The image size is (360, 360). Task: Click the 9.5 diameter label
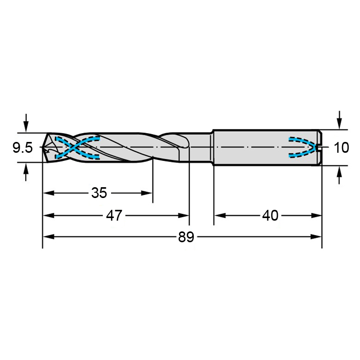(23, 148)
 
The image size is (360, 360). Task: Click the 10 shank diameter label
(341, 148)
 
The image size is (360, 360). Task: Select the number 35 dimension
(99, 193)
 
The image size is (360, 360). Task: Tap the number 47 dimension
(114, 215)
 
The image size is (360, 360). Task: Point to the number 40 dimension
(270, 215)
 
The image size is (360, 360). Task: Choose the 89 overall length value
(186, 237)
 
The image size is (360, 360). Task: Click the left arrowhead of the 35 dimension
(49, 193)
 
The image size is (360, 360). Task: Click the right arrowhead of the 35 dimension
(147, 193)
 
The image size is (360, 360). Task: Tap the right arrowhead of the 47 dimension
(184, 215)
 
